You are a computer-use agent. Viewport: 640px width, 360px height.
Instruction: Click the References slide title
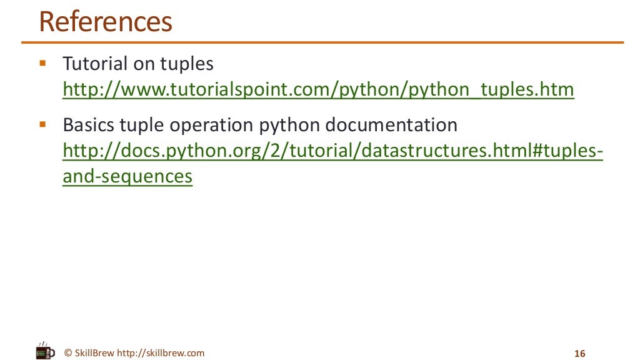pyautogui.click(x=105, y=22)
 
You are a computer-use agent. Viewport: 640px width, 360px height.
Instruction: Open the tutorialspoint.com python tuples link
pyautogui.click(x=318, y=90)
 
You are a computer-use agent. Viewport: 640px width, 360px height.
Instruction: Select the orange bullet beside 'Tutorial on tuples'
pyautogui.click(x=42, y=63)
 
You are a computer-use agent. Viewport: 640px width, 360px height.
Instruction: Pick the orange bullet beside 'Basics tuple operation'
pyautogui.click(x=42, y=124)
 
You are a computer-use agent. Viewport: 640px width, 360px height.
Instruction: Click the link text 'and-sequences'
pyautogui.click(x=127, y=177)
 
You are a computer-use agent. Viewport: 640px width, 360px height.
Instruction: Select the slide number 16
pyautogui.click(x=579, y=354)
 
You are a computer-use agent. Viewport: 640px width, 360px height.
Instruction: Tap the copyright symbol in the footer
pyautogui.click(x=68, y=353)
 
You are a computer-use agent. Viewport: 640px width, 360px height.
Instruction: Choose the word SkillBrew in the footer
pyautogui.click(x=94, y=353)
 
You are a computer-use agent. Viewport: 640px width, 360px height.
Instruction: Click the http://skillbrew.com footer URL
pyautogui.click(x=161, y=353)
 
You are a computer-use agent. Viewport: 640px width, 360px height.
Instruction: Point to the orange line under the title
pyautogui.click(x=322, y=42)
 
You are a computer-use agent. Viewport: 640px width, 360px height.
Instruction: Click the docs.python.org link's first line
pyautogui.click(x=333, y=151)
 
